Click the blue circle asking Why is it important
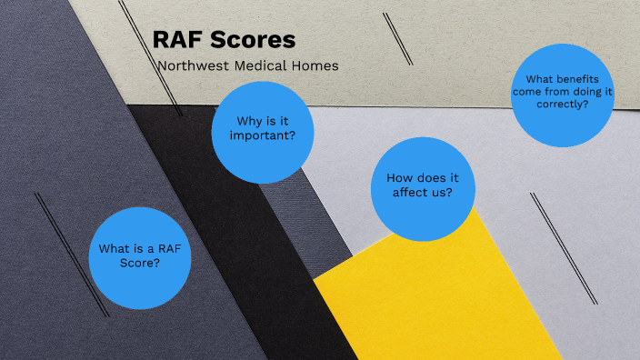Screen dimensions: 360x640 [x=263, y=132]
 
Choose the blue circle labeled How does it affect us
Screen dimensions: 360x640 [x=423, y=188]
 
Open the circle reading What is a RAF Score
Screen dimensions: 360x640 [x=140, y=257]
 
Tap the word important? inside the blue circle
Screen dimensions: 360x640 [x=263, y=137]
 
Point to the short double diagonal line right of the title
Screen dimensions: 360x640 [x=397, y=37]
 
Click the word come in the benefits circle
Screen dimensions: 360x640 [x=527, y=92]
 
